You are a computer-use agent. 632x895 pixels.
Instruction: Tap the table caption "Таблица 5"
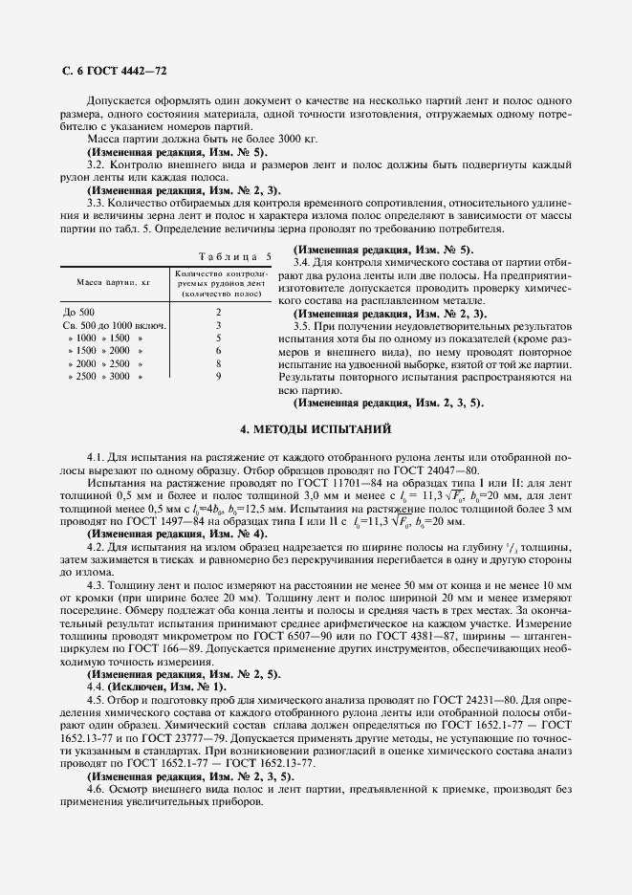(x=234, y=256)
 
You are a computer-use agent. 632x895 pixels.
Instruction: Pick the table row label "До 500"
(x=79, y=312)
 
